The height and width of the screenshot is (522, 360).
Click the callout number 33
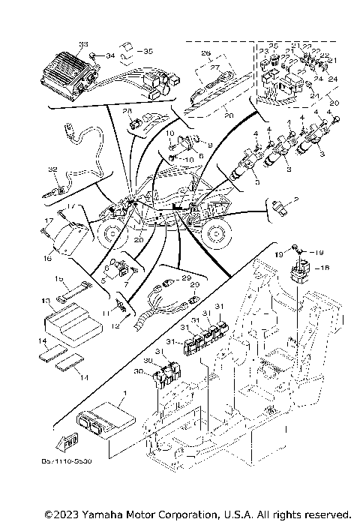click(x=83, y=44)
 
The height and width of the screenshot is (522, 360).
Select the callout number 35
click(x=148, y=51)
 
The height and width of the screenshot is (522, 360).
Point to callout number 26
click(x=206, y=54)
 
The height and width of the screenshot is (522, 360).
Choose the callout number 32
click(x=52, y=169)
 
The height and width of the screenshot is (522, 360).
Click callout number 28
click(x=127, y=111)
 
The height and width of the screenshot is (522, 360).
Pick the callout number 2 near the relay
click(x=297, y=199)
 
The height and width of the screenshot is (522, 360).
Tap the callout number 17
click(x=48, y=220)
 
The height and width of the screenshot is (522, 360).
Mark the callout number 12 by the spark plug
click(x=115, y=325)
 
